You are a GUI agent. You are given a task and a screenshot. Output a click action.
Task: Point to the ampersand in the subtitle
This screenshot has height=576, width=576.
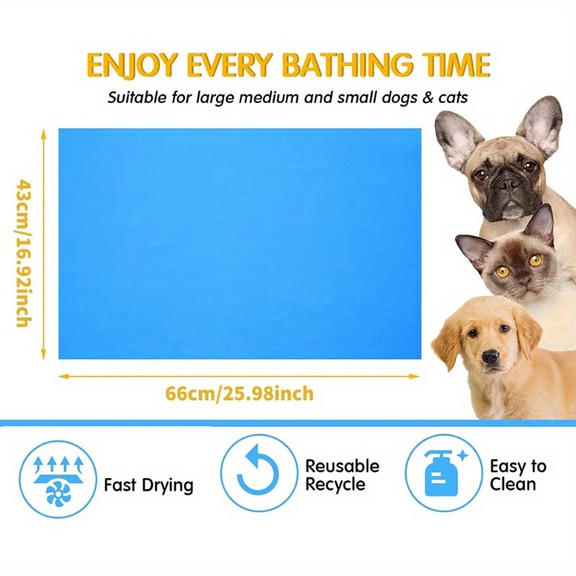[428, 98]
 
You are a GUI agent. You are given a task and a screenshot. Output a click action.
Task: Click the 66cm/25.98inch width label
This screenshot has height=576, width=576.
[240, 393]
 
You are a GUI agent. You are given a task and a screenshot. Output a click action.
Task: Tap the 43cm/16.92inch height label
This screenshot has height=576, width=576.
[23, 253]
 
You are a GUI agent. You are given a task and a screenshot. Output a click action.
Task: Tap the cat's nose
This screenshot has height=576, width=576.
[523, 282]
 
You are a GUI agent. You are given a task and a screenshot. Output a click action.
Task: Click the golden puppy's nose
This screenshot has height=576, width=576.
[490, 356]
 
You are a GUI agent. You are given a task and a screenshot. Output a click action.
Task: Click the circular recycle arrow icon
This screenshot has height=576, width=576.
[258, 473]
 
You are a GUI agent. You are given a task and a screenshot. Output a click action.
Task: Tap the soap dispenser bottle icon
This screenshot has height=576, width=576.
[441, 473]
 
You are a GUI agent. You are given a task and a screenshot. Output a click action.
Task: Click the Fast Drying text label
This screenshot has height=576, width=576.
[148, 485]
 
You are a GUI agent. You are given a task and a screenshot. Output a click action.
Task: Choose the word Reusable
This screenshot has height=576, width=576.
[343, 466]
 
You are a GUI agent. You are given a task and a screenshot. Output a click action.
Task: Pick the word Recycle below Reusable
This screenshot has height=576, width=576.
[336, 484]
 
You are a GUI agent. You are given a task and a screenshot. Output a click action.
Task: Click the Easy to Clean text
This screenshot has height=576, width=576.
[518, 475]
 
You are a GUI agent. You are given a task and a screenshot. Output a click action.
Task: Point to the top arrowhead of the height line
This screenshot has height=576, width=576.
[43, 134]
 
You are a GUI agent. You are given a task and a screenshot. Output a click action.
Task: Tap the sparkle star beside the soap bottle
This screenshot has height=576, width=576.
[462, 456]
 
